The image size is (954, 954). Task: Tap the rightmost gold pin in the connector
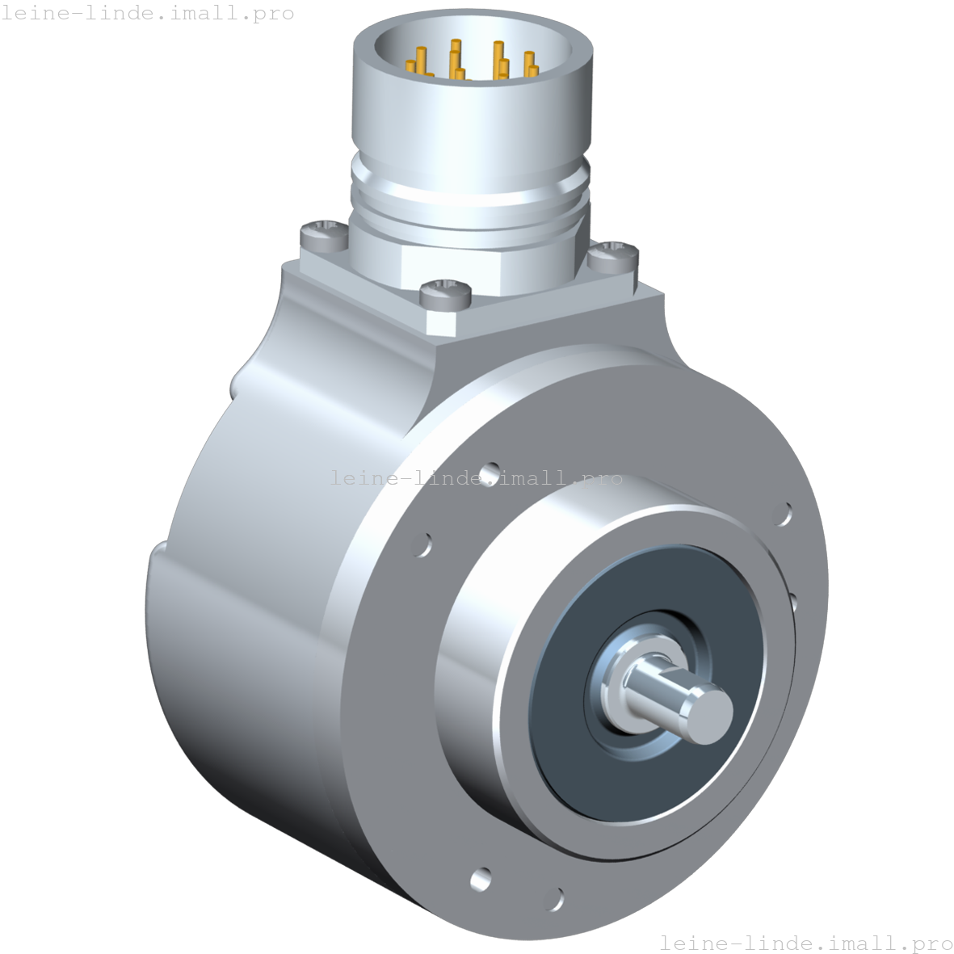click(x=530, y=64)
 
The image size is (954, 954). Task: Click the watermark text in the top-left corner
click(x=147, y=14)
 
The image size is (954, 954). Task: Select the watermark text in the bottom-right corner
click(x=805, y=943)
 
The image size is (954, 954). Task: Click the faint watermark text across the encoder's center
click(x=477, y=478)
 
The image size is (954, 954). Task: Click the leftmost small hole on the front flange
click(x=421, y=544)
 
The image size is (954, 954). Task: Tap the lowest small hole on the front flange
click(x=555, y=897)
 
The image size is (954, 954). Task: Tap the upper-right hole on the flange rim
click(x=784, y=515)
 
